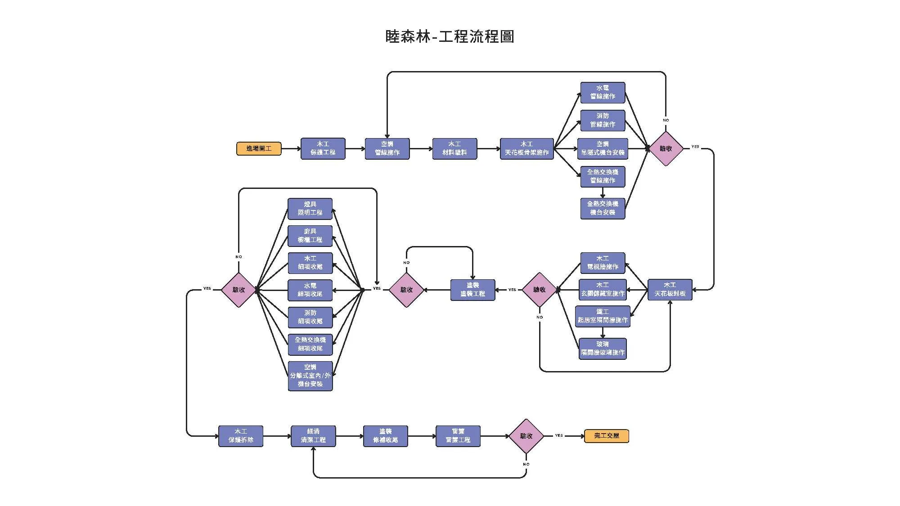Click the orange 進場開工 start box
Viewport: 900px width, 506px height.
259,148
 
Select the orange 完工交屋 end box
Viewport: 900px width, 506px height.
606,436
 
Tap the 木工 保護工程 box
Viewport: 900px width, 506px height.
323,148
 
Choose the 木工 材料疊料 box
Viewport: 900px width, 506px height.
454,148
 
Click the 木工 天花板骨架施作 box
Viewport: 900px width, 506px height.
526,148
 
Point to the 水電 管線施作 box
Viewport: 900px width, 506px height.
603,93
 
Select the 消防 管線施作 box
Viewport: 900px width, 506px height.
603,121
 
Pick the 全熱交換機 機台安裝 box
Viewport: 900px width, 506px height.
603,208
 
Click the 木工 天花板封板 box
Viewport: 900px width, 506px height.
670,290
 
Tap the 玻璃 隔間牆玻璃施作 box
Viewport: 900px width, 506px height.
603,349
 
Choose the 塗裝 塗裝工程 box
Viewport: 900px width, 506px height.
472,290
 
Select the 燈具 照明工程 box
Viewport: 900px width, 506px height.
310,209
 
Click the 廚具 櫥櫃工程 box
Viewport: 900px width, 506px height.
310,236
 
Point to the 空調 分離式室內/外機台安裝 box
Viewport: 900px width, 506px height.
310,376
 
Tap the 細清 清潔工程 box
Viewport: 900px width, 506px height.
313,436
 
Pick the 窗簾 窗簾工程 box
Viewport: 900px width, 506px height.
458,436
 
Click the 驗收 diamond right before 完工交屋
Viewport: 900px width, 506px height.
526,436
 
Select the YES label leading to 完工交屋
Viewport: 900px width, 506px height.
559,435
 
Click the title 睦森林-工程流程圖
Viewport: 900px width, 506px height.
450,36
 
